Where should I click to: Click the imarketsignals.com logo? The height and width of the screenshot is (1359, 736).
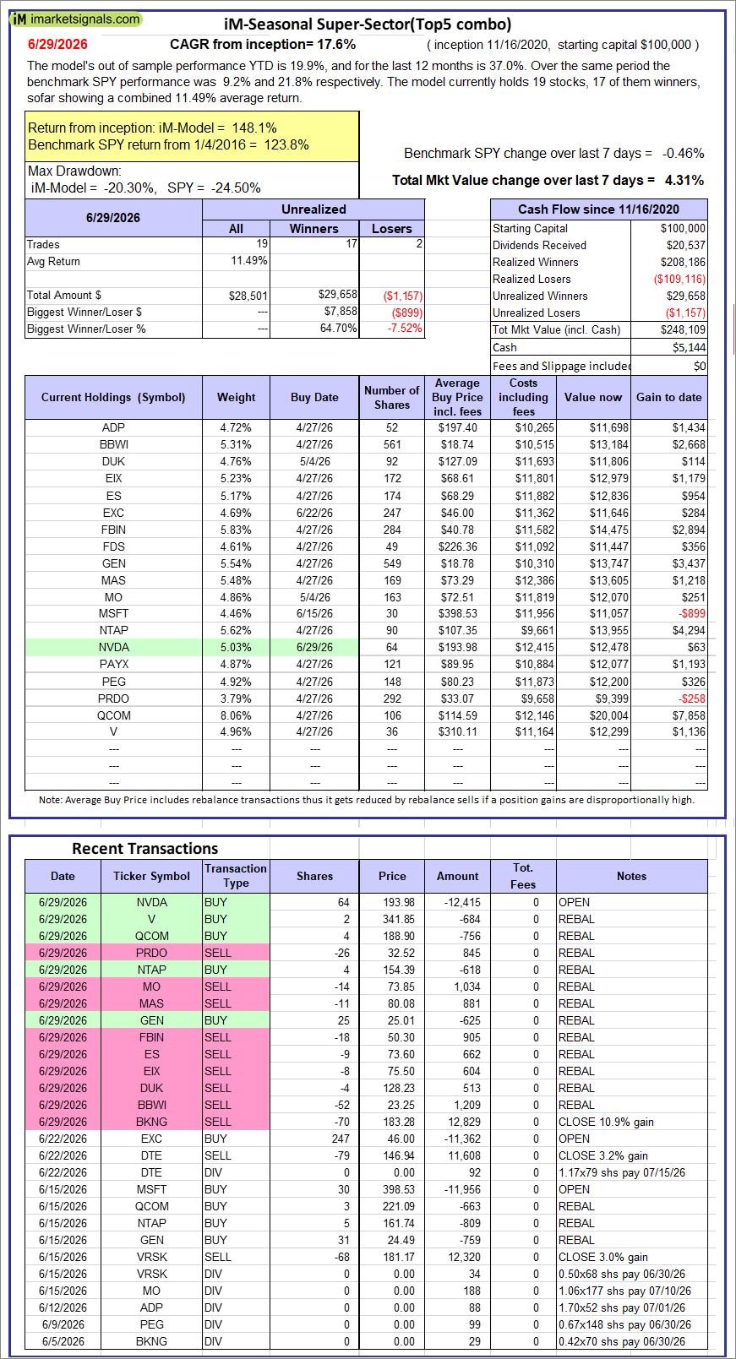[76, 19]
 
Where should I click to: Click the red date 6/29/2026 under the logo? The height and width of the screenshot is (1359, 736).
[57, 44]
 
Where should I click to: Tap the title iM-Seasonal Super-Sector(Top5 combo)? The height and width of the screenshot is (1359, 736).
[368, 24]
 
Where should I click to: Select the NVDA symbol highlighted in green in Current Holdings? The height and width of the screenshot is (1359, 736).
[113, 647]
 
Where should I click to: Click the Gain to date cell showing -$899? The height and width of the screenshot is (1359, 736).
[692, 613]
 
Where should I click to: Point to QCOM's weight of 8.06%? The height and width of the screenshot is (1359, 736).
[236, 715]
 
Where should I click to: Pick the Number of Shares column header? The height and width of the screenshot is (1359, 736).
[392, 397]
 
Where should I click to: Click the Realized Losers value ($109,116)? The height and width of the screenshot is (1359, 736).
[679, 279]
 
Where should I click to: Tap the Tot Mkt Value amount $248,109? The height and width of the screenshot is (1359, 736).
[684, 330]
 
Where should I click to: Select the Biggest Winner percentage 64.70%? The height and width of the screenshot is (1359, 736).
[339, 329]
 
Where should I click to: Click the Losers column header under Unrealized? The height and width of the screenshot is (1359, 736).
[391, 229]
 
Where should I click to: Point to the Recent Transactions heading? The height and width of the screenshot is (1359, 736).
[145, 848]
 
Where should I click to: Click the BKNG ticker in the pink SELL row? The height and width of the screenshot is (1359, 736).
[152, 1122]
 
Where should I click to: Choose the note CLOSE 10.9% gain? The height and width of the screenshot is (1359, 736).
[606, 1122]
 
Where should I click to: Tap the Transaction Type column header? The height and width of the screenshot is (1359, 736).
[236, 876]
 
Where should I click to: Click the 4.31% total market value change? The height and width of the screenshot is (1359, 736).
[684, 180]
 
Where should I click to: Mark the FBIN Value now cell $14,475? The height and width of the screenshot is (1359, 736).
[609, 530]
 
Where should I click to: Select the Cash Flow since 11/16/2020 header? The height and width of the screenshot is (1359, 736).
[598, 209]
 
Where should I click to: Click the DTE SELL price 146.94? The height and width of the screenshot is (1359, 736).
[399, 1155]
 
